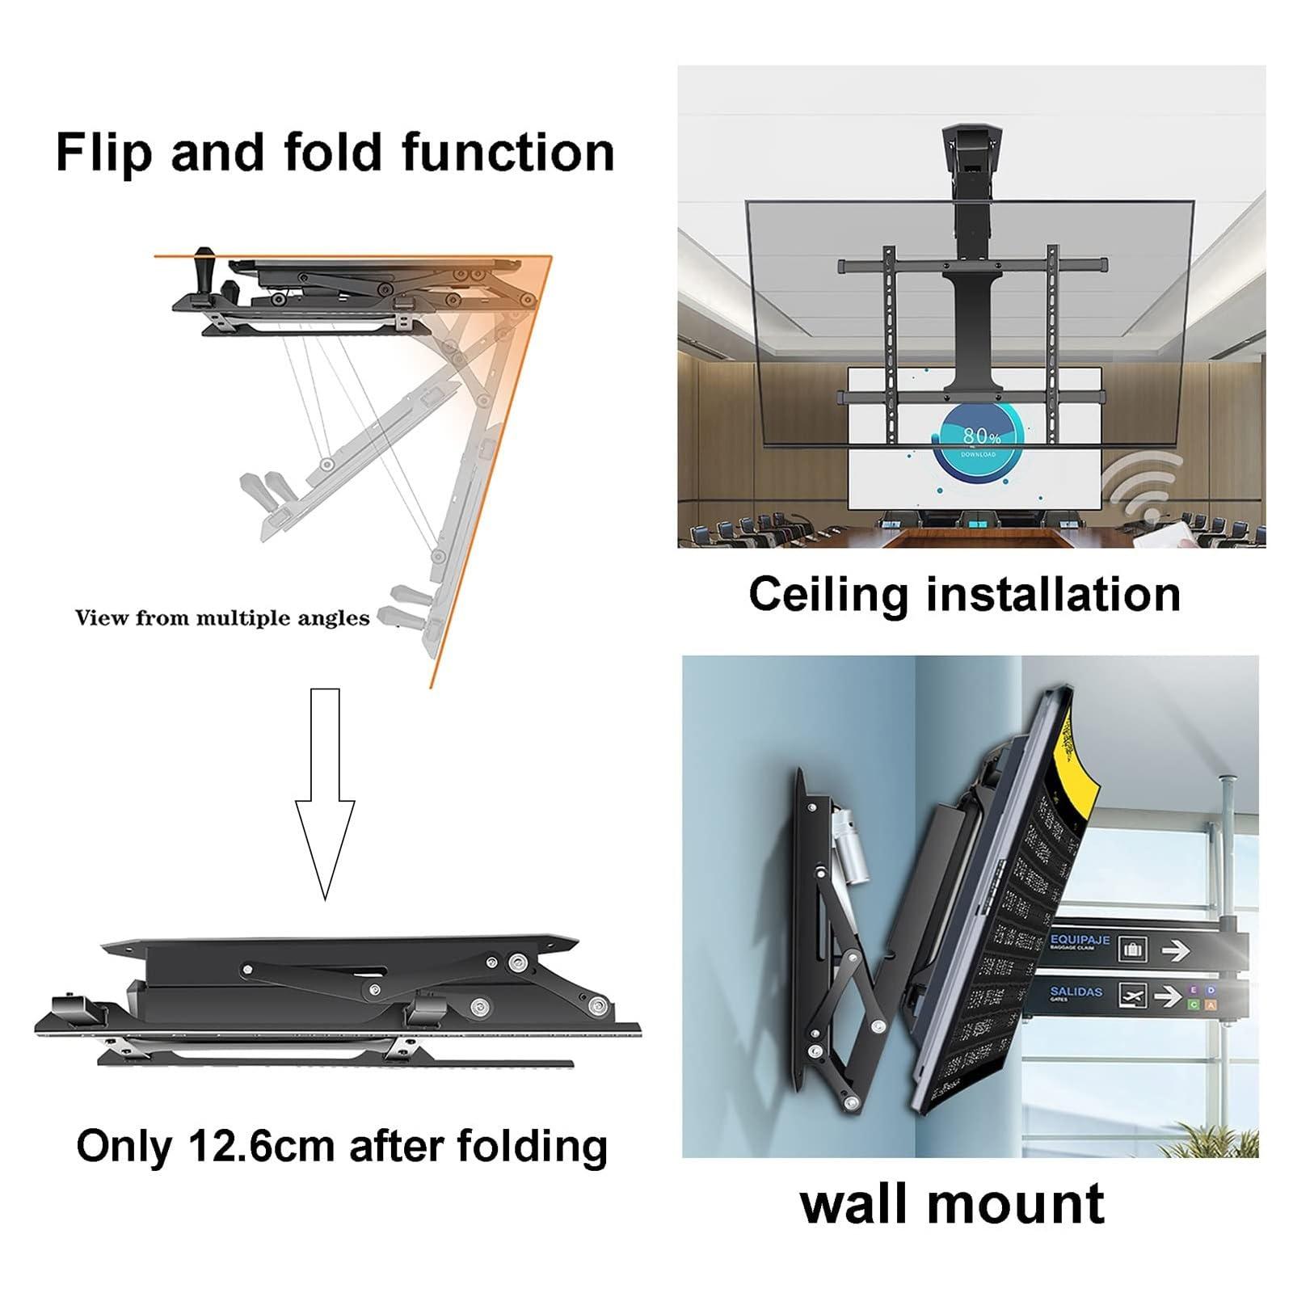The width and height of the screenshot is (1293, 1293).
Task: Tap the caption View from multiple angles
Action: [222, 618]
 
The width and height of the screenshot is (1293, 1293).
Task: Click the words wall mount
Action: [951, 1203]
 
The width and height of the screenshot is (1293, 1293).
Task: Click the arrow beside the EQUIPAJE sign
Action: [1175, 950]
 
